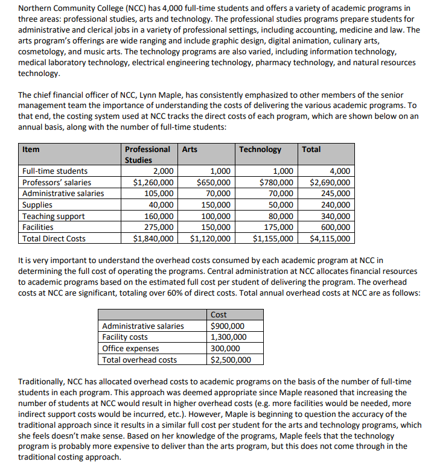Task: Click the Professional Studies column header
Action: click(x=147, y=154)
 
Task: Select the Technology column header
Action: click(x=260, y=150)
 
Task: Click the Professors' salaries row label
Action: click(x=56, y=182)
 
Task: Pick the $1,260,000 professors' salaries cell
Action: click(x=153, y=182)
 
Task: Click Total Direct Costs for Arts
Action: click(x=210, y=238)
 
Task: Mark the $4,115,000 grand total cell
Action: click(x=330, y=238)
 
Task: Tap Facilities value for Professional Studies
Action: click(x=159, y=227)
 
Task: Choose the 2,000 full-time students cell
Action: click(x=163, y=171)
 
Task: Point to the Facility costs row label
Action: click(x=125, y=337)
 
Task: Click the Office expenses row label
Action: click(x=130, y=349)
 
